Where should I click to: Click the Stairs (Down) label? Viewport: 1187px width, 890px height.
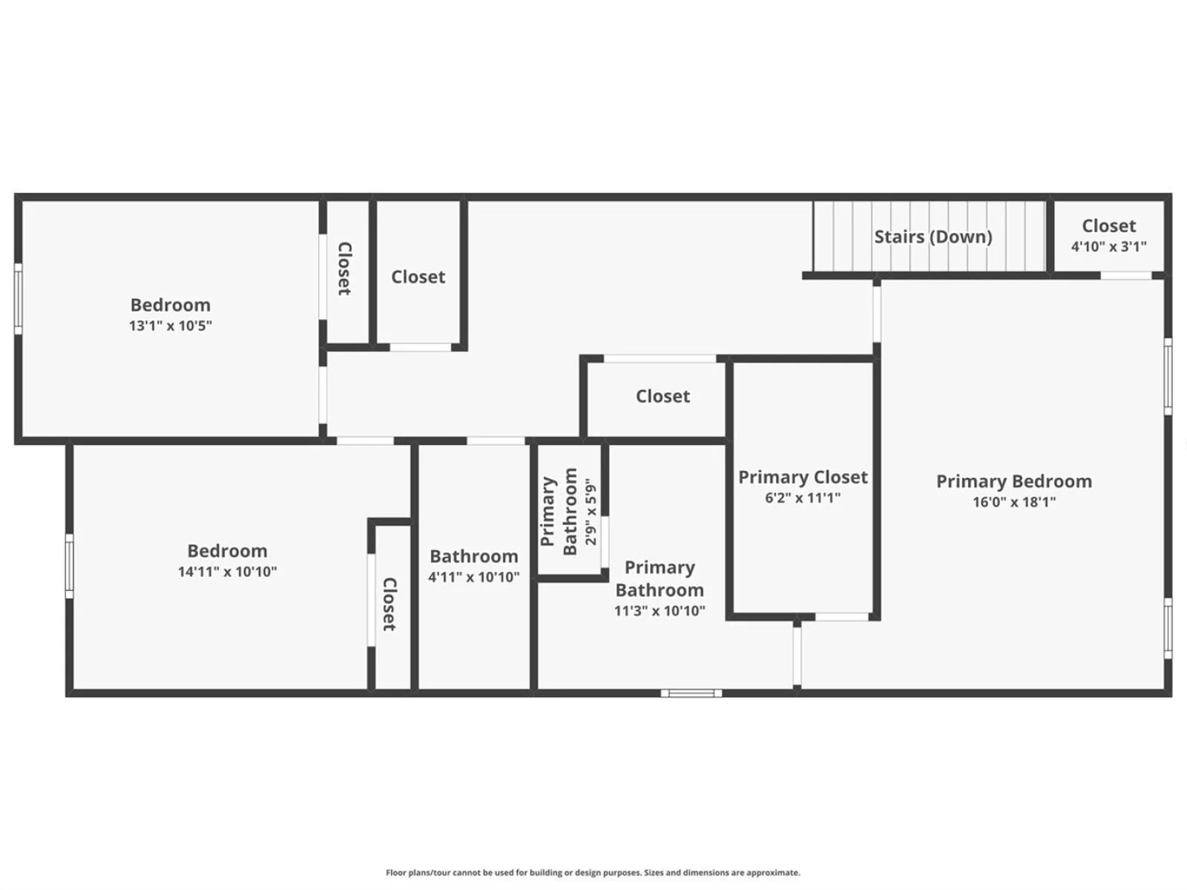point(933,237)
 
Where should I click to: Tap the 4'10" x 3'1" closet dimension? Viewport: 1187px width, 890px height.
point(1108,246)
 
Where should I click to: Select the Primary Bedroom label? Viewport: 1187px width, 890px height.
point(1014,481)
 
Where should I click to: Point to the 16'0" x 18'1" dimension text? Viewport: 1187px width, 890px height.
point(1014,502)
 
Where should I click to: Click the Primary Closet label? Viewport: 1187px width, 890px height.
point(803,477)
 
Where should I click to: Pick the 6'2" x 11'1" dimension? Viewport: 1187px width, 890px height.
point(803,498)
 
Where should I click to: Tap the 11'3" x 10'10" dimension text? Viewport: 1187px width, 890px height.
point(660,610)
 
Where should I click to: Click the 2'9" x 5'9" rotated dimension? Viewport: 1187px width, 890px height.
point(591,511)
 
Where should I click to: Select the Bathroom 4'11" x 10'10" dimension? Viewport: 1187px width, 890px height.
point(474,577)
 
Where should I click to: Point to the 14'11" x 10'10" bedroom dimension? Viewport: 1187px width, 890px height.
point(227,572)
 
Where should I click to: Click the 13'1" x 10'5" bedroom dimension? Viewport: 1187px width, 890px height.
point(171,326)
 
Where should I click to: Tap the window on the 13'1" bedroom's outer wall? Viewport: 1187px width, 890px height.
point(18,299)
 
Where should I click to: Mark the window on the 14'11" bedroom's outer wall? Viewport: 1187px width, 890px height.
point(69,566)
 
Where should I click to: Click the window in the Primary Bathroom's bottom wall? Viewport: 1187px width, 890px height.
point(691,693)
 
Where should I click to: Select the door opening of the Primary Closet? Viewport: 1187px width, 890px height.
point(842,616)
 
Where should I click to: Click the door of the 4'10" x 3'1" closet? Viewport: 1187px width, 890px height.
point(1126,276)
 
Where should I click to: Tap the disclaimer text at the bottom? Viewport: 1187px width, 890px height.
point(593,873)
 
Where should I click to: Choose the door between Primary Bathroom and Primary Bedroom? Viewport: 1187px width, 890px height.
point(797,656)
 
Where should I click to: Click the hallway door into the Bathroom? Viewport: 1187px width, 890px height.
point(496,441)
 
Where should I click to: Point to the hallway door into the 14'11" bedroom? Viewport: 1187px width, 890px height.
point(365,441)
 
